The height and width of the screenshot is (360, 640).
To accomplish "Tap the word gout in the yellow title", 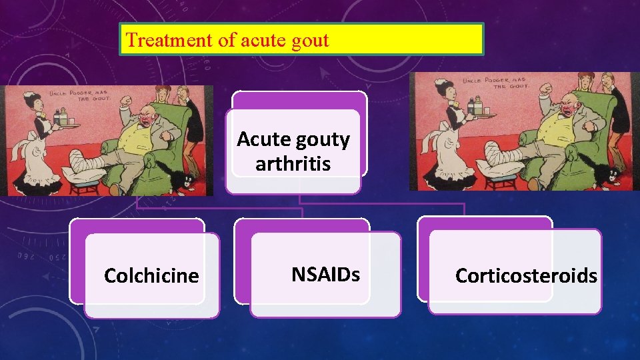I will (311, 40).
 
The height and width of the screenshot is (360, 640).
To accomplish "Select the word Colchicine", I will (151, 275).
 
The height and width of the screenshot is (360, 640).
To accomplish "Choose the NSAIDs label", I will (325, 274).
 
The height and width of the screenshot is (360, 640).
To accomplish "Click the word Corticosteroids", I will (526, 275).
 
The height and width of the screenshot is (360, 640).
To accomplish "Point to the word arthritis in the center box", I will (293, 163).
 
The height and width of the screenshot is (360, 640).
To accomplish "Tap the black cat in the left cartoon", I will (181, 182).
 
